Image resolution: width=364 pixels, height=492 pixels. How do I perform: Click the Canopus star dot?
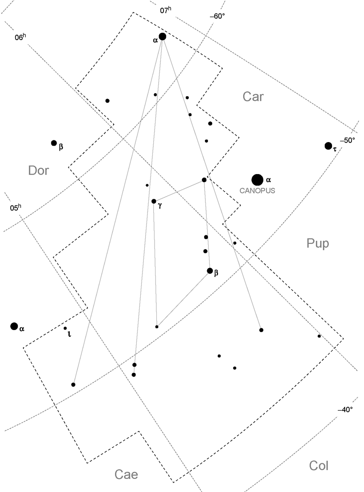click(257, 180)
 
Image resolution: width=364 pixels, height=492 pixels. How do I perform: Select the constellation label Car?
click(253, 96)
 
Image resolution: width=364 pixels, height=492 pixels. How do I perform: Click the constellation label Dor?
click(38, 170)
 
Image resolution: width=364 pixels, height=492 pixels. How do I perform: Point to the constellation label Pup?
click(318, 244)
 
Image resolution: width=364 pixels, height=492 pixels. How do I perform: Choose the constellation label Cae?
click(126, 474)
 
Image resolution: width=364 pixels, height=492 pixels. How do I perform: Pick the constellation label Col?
click(319, 466)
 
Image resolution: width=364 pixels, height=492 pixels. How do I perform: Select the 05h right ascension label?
click(15, 208)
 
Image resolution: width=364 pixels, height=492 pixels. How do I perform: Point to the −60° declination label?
click(217, 17)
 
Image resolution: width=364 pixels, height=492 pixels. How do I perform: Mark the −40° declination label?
click(345, 410)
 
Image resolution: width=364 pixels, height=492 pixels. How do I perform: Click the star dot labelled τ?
click(328, 146)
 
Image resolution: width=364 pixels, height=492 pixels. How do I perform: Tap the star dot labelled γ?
click(154, 201)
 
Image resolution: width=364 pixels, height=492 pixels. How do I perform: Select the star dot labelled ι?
click(65, 328)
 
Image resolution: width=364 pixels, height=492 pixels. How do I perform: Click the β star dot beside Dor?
click(54, 143)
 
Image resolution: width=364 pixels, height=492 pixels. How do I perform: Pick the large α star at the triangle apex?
click(162, 36)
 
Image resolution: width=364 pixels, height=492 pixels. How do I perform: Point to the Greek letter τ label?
click(335, 149)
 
